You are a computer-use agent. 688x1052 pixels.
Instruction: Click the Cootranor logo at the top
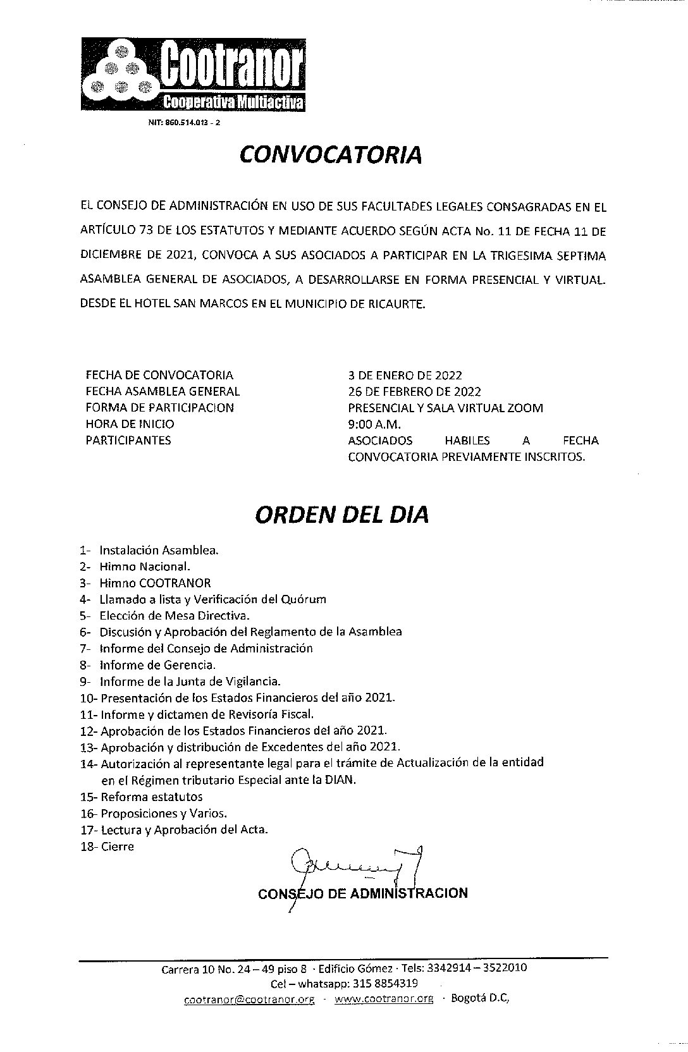click(x=193, y=75)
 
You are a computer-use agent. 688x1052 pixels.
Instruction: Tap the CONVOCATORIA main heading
click(x=330, y=155)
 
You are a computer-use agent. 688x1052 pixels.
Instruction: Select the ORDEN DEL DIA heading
click(x=341, y=515)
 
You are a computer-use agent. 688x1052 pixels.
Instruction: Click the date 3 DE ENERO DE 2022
click(x=405, y=375)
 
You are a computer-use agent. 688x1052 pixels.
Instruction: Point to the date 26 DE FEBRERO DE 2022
click(x=414, y=391)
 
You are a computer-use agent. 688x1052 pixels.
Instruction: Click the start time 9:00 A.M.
click(x=374, y=424)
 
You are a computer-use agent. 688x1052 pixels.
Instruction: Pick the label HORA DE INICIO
click(x=130, y=424)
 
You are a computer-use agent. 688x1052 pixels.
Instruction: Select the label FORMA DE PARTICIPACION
click(x=159, y=408)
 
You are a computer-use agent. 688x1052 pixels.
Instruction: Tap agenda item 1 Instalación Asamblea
click(x=159, y=550)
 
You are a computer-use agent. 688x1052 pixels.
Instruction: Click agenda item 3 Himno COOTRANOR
click(x=155, y=583)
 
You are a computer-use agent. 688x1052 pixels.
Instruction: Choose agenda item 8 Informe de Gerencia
click(x=157, y=665)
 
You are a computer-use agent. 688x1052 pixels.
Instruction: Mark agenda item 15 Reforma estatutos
click(x=151, y=797)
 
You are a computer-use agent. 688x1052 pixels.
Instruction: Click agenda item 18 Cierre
click(x=117, y=846)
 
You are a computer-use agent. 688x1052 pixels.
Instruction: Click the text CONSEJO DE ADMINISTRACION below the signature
click(x=363, y=893)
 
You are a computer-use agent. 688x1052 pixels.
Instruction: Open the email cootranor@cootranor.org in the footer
click(x=249, y=1000)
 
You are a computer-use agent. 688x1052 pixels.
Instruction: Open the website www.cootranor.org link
click(x=384, y=1000)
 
